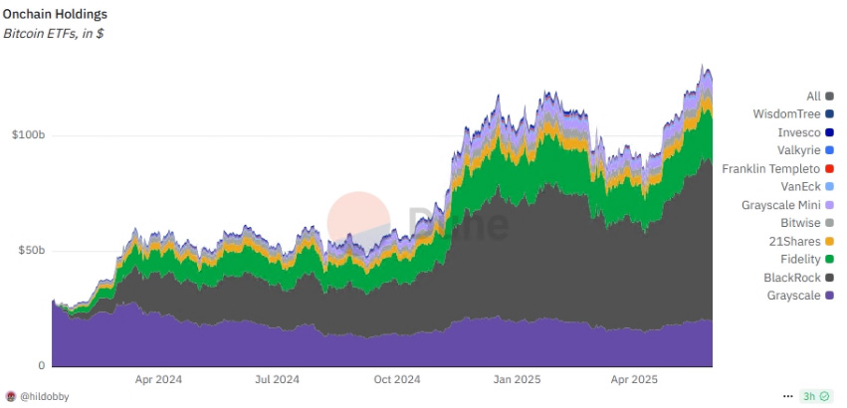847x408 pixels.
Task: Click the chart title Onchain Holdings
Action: (56, 15)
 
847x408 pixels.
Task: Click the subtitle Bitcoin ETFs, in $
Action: (55, 35)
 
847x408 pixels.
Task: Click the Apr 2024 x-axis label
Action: (158, 379)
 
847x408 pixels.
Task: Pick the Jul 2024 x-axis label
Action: (278, 379)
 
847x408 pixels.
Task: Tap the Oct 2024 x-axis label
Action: (397, 379)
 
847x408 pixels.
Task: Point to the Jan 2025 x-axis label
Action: (517, 379)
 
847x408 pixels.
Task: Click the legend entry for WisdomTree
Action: (784, 114)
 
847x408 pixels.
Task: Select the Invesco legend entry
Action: (798, 132)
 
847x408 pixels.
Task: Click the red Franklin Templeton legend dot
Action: (829, 169)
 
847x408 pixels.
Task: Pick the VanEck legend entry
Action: (800, 187)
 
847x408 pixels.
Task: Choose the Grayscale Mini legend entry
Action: (781, 205)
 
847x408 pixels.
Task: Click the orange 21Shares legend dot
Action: (829, 242)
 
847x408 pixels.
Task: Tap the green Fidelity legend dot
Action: (829, 260)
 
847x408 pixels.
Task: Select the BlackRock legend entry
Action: (791, 278)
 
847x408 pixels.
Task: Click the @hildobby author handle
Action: (46, 395)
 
